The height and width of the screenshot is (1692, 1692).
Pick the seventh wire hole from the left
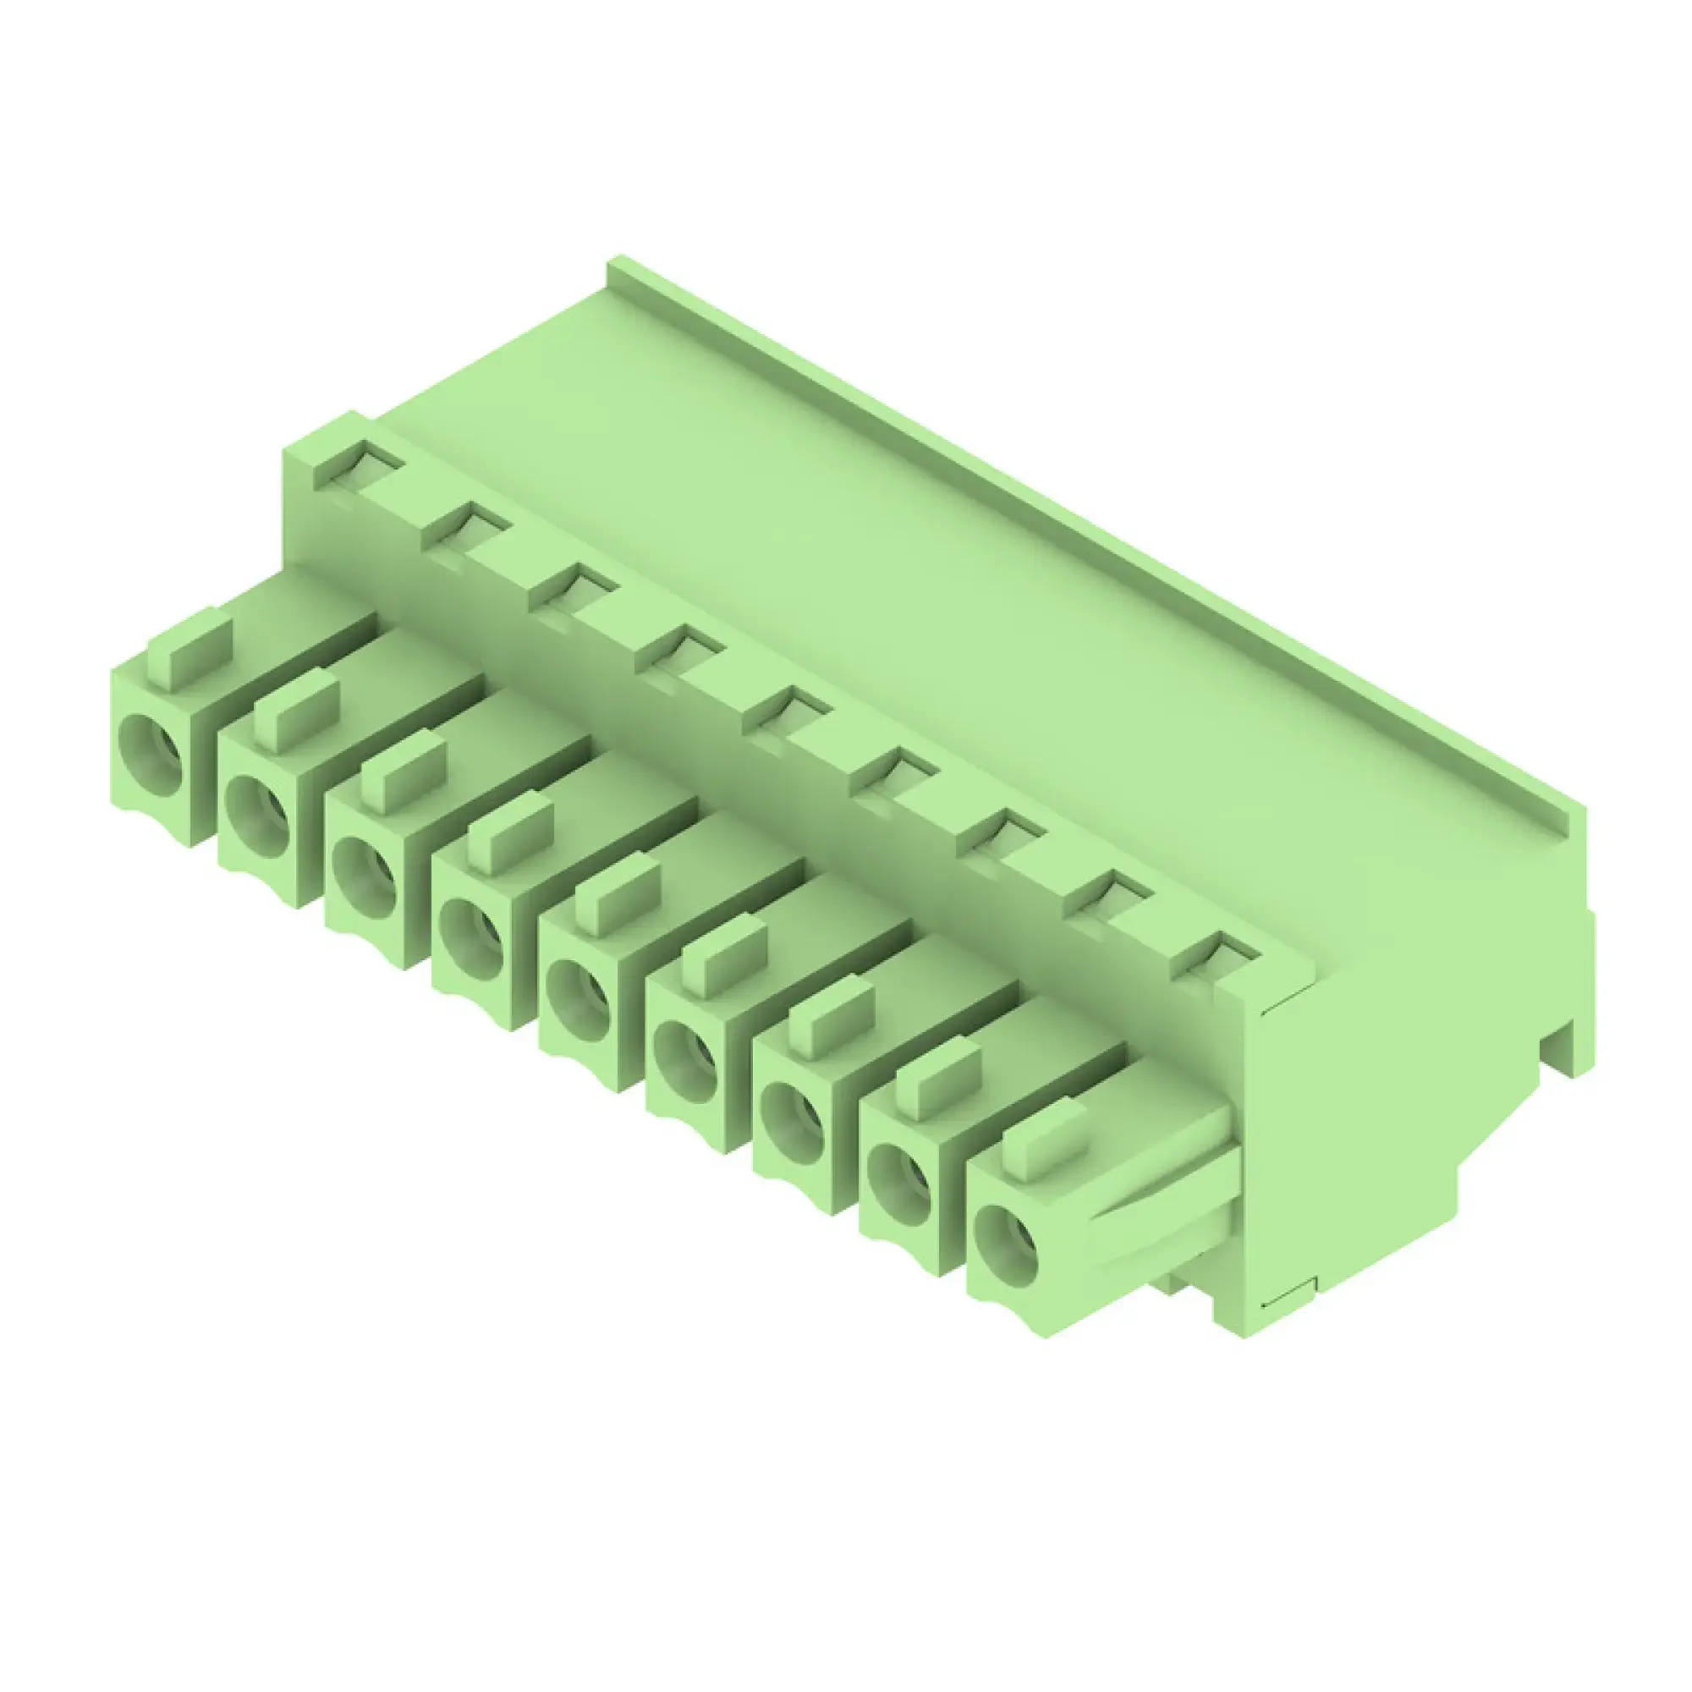[792, 1122]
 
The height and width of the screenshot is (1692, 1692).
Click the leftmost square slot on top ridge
[358, 464]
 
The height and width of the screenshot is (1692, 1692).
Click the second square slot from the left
[466, 526]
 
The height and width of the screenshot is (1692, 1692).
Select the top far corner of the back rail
[618, 263]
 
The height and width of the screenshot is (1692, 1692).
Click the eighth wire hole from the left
[898, 1184]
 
